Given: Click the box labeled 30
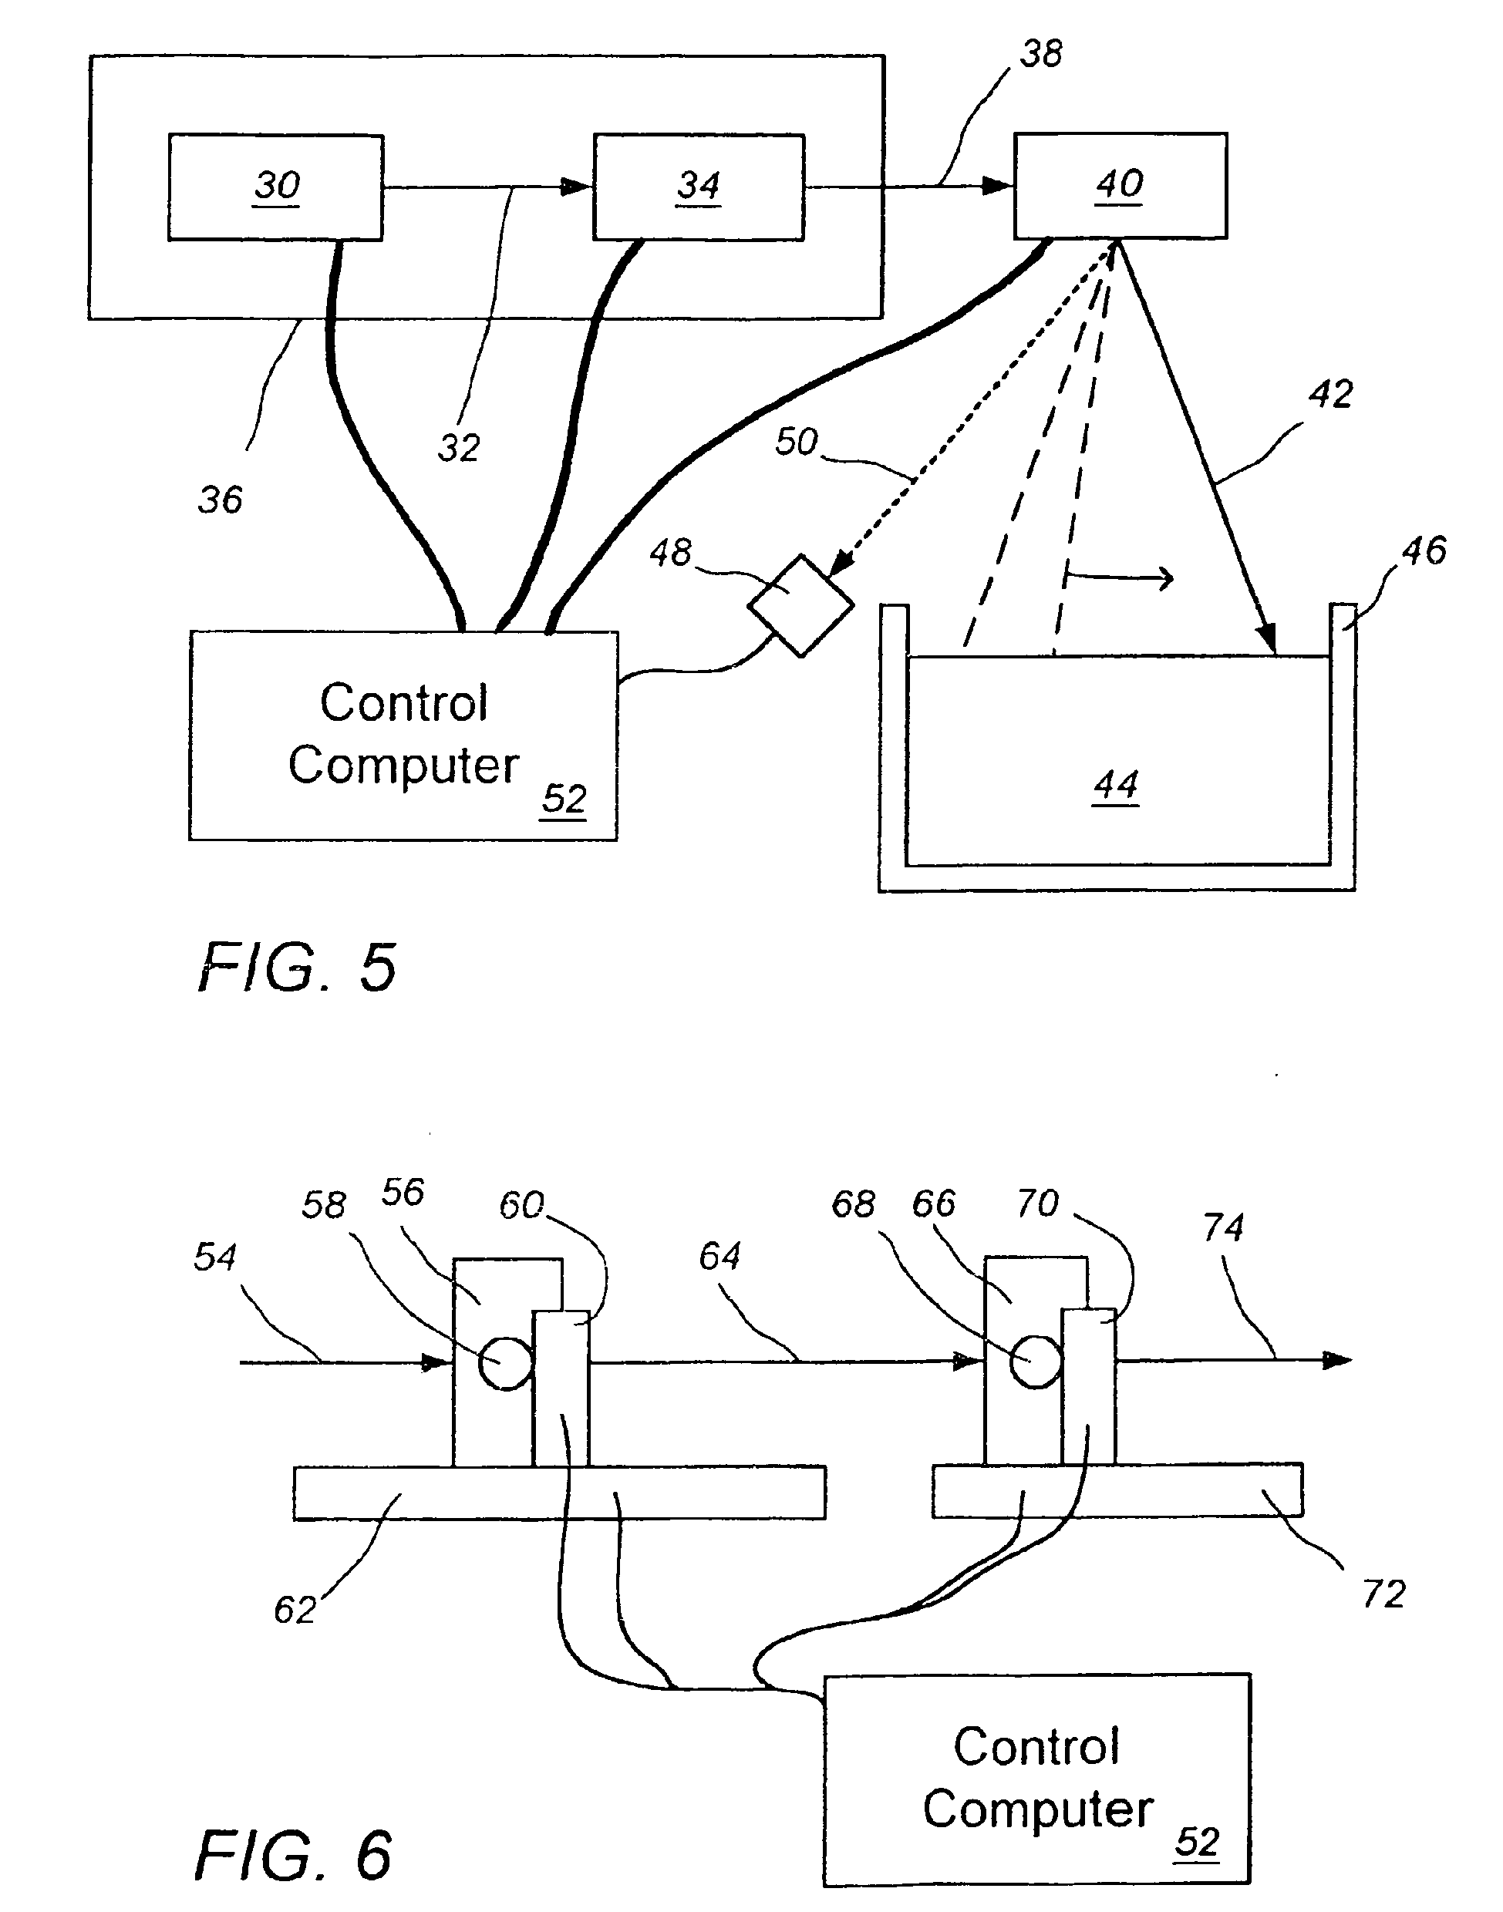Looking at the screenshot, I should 275,187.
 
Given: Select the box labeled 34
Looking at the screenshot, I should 698,187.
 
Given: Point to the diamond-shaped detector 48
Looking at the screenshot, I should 800,605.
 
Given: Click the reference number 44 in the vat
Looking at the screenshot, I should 1116,785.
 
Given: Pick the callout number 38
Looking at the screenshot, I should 1041,55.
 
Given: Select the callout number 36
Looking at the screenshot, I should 220,500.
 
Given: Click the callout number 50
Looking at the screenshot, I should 796,442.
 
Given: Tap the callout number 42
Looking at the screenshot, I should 1329,394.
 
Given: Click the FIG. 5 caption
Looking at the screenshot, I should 298,967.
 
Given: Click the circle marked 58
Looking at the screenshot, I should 505,1363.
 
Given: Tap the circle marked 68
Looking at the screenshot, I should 1036,1362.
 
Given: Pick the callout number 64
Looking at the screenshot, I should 719,1256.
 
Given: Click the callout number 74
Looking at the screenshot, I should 1223,1227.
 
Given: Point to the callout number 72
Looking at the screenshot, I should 1383,1594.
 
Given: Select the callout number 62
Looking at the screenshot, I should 295,1609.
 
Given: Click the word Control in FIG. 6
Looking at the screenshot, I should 1036,1745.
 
